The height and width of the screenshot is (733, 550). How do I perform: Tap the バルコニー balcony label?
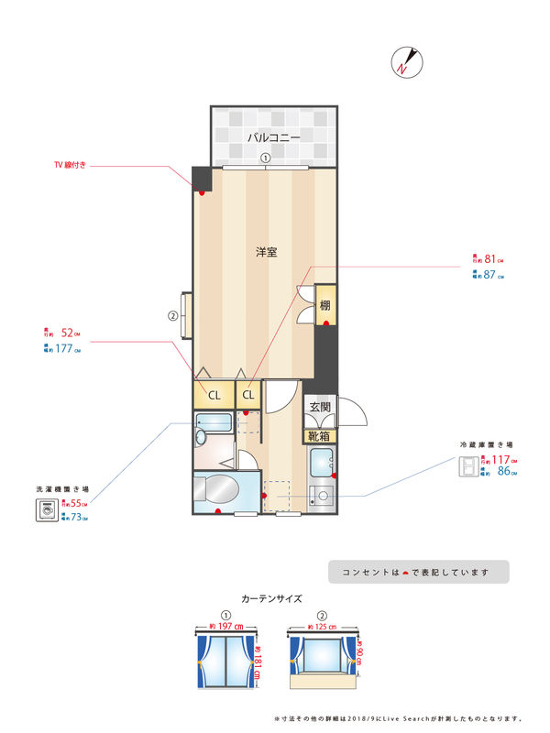coord(273,137)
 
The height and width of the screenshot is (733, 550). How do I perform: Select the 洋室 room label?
coord(267,251)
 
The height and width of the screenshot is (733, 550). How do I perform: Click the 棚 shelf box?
coord(324,304)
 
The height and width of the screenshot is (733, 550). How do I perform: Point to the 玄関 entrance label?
coord(319,408)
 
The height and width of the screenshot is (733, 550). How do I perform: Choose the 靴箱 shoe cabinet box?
coord(319,436)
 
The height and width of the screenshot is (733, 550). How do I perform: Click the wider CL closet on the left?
coord(213,395)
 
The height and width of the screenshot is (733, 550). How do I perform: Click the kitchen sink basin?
coord(322,463)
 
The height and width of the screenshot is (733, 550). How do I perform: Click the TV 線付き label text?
coord(70,166)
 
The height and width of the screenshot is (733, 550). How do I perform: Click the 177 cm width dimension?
coord(67,348)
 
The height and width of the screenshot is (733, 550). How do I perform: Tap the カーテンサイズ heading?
coord(271,597)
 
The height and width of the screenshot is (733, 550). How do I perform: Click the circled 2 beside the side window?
coord(171,317)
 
